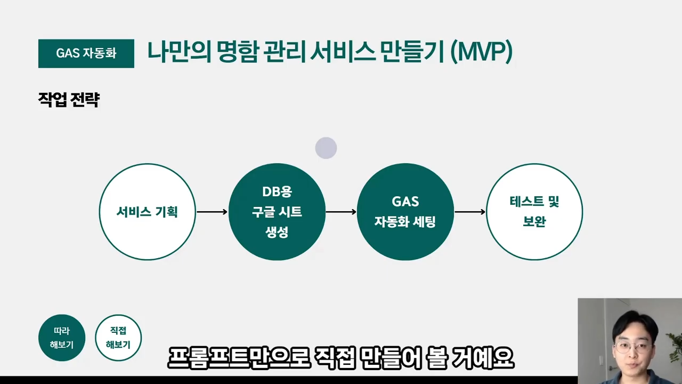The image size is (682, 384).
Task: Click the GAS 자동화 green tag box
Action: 86,53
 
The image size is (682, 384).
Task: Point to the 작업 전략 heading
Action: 69,100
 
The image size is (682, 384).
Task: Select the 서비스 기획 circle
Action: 147,212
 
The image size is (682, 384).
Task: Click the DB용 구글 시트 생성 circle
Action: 277,212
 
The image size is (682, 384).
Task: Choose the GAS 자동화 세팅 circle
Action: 405,212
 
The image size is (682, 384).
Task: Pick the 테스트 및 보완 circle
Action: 534,212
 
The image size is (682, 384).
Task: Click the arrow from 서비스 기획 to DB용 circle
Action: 212,212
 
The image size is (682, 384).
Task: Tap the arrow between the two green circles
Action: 341,212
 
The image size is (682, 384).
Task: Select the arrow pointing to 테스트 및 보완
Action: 469,212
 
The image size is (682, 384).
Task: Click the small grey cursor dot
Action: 326,148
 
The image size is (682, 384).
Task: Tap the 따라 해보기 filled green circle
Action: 62,338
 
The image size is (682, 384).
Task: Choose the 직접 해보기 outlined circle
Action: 118,338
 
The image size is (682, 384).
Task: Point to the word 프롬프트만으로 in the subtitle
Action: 239,358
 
